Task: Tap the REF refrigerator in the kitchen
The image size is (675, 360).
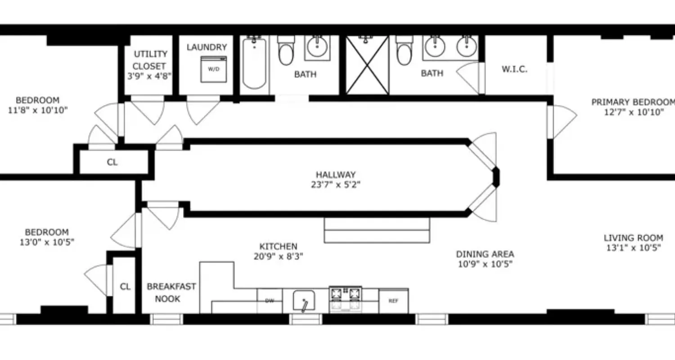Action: (393, 301)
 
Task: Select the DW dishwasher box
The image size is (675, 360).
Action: (270, 301)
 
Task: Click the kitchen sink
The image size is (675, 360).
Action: (304, 301)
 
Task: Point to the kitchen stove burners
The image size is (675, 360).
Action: (346, 294)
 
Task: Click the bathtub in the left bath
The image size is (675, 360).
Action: (254, 63)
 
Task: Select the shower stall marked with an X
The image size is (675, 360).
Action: (367, 65)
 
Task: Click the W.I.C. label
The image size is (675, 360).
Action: (514, 69)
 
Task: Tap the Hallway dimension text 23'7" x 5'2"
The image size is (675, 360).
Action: (336, 184)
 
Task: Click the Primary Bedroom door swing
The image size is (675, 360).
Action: (561, 121)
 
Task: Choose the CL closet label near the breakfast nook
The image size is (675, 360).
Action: (125, 286)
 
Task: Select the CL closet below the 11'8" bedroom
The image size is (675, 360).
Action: (112, 162)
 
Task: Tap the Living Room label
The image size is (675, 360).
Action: (633, 238)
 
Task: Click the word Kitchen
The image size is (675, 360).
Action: (278, 246)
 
